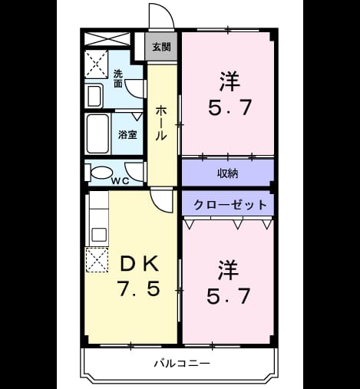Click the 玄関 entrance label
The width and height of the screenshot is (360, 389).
[161, 47]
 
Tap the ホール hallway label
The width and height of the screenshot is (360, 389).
[161, 123]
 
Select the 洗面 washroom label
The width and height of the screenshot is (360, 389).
[118, 79]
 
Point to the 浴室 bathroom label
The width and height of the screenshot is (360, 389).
[127, 135]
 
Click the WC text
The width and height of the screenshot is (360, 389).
[120, 181]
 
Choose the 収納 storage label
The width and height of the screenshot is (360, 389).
[227, 173]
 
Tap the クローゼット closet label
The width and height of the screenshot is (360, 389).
[230, 205]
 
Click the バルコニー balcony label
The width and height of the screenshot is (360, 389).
[182, 363]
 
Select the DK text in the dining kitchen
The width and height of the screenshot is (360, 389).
[140, 264]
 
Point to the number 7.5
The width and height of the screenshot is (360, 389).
[139, 288]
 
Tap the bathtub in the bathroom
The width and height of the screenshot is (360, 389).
[97, 134]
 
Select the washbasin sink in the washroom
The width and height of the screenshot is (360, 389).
[94, 96]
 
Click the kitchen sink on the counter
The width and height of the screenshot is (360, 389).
[99, 235]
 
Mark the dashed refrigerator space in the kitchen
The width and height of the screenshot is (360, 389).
[97, 260]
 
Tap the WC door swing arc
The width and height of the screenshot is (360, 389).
[131, 174]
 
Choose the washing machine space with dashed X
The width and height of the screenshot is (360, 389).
[96, 64]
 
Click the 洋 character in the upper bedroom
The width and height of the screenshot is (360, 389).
[230, 81]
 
